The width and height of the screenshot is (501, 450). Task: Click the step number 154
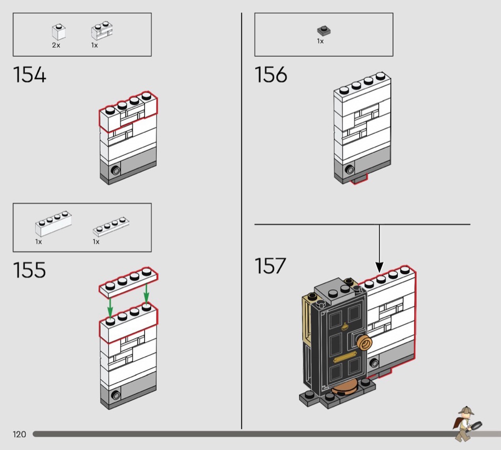click(30, 75)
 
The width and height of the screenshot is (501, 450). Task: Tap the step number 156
click(271, 75)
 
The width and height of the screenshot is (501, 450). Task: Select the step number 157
click(271, 266)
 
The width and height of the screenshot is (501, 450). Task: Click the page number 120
click(19, 434)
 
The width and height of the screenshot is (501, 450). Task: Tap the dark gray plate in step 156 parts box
click(324, 31)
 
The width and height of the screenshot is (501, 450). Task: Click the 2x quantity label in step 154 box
click(56, 45)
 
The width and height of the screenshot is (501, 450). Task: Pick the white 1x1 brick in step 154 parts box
click(59, 32)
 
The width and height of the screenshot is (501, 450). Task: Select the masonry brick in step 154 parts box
click(102, 31)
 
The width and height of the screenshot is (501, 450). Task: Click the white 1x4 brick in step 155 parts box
click(53, 224)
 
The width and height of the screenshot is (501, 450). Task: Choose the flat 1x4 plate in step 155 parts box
click(111, 226)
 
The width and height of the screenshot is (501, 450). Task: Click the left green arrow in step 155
click(110, 308)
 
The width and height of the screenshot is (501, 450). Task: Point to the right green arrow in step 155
click(146, 293)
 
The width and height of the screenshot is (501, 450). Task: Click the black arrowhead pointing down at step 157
click(379, 267)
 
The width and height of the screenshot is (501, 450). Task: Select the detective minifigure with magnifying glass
click(467, 424)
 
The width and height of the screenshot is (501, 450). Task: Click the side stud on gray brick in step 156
click(350, 170)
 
